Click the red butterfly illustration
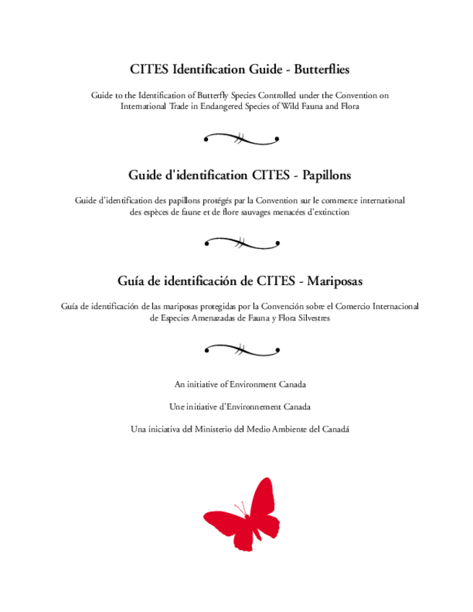(x=241, y=515)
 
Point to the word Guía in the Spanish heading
(x=131, y=279)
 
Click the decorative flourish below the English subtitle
(x=241, y=138)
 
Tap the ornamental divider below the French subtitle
(x=241, y=242)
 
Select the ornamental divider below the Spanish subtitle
(x=241, y=349)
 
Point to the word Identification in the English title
(x=206, y=69)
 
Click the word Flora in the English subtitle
(x=350, y=106)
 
